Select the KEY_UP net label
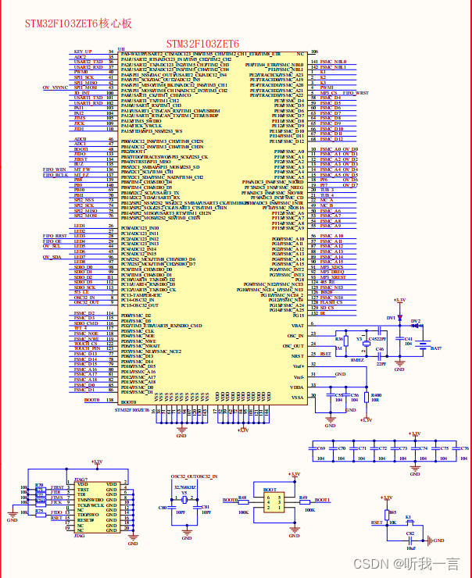coord(83,52)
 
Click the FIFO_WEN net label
coord(55,169)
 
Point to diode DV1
coord(399,318)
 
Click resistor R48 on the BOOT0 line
coord(243,500)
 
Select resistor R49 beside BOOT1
coord(302,500)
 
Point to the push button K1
coord(408,522)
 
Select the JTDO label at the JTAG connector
coord(57,512)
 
